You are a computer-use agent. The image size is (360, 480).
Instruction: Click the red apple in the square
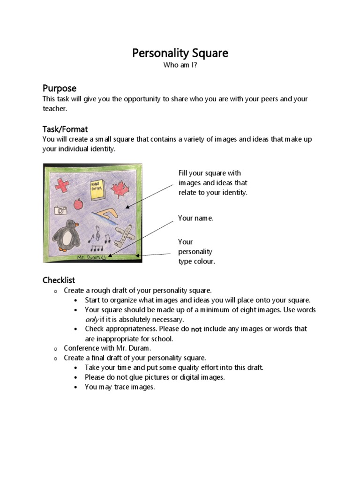(79, 204)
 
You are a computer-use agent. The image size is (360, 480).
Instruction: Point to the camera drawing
(60, 210)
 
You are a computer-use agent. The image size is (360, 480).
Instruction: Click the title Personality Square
(180, 53)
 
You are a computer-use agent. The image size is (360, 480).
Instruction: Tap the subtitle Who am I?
(180, 66)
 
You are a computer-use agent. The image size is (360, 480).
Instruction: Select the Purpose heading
(60, 88)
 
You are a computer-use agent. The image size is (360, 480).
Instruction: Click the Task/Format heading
(65, 129)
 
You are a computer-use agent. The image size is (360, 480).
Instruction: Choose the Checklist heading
(59, 280)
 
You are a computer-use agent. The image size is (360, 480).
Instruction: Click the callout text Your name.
(195, 218)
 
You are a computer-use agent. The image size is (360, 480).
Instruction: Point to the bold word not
(196, 329)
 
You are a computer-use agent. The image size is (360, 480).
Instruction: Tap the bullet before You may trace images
(76, 387)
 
